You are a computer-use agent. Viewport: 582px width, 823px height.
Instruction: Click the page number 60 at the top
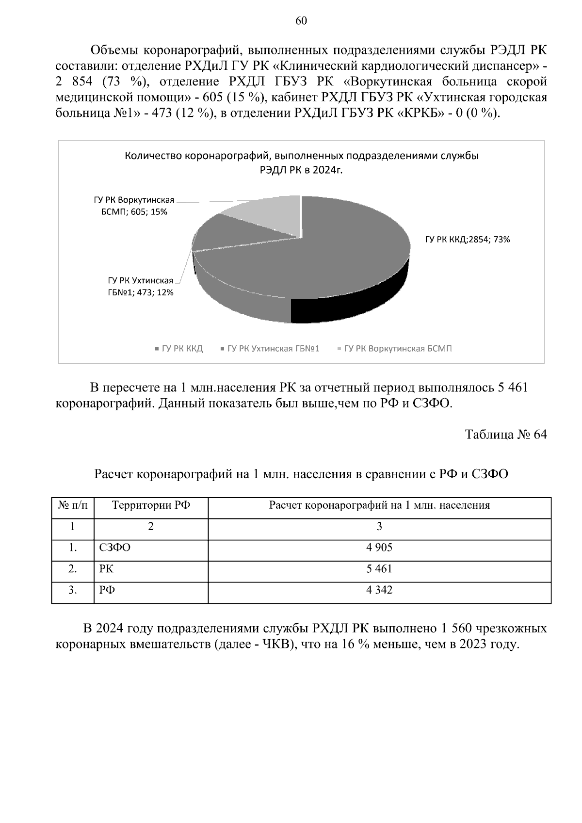tap(301, 20)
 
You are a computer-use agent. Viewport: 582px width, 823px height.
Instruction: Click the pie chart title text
tap(301, 163)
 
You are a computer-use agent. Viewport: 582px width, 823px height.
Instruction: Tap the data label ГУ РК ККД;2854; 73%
tap(468, 239)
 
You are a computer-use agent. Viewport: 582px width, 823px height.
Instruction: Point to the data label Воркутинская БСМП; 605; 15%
tap(134, 206)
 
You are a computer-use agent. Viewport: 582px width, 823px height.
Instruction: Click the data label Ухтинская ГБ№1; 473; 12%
tap(141, 286)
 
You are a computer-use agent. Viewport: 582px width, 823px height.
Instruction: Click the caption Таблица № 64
tap(506, 434)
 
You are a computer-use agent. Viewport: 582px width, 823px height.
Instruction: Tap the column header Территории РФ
tap(151, 505)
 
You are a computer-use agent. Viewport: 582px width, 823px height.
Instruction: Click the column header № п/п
tap(73, 505)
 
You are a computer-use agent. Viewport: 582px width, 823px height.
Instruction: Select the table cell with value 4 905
tap(379, 548)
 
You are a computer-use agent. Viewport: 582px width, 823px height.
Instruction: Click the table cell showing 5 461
tap(379, 568)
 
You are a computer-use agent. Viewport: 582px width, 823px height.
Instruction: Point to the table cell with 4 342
tap(379, 590)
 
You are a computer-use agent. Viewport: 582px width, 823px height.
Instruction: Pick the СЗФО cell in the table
tap(115, 548)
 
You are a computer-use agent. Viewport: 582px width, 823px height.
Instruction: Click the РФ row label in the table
tap(107, 590)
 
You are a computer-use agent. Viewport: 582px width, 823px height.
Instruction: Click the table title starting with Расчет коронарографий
tap(301, 474)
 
